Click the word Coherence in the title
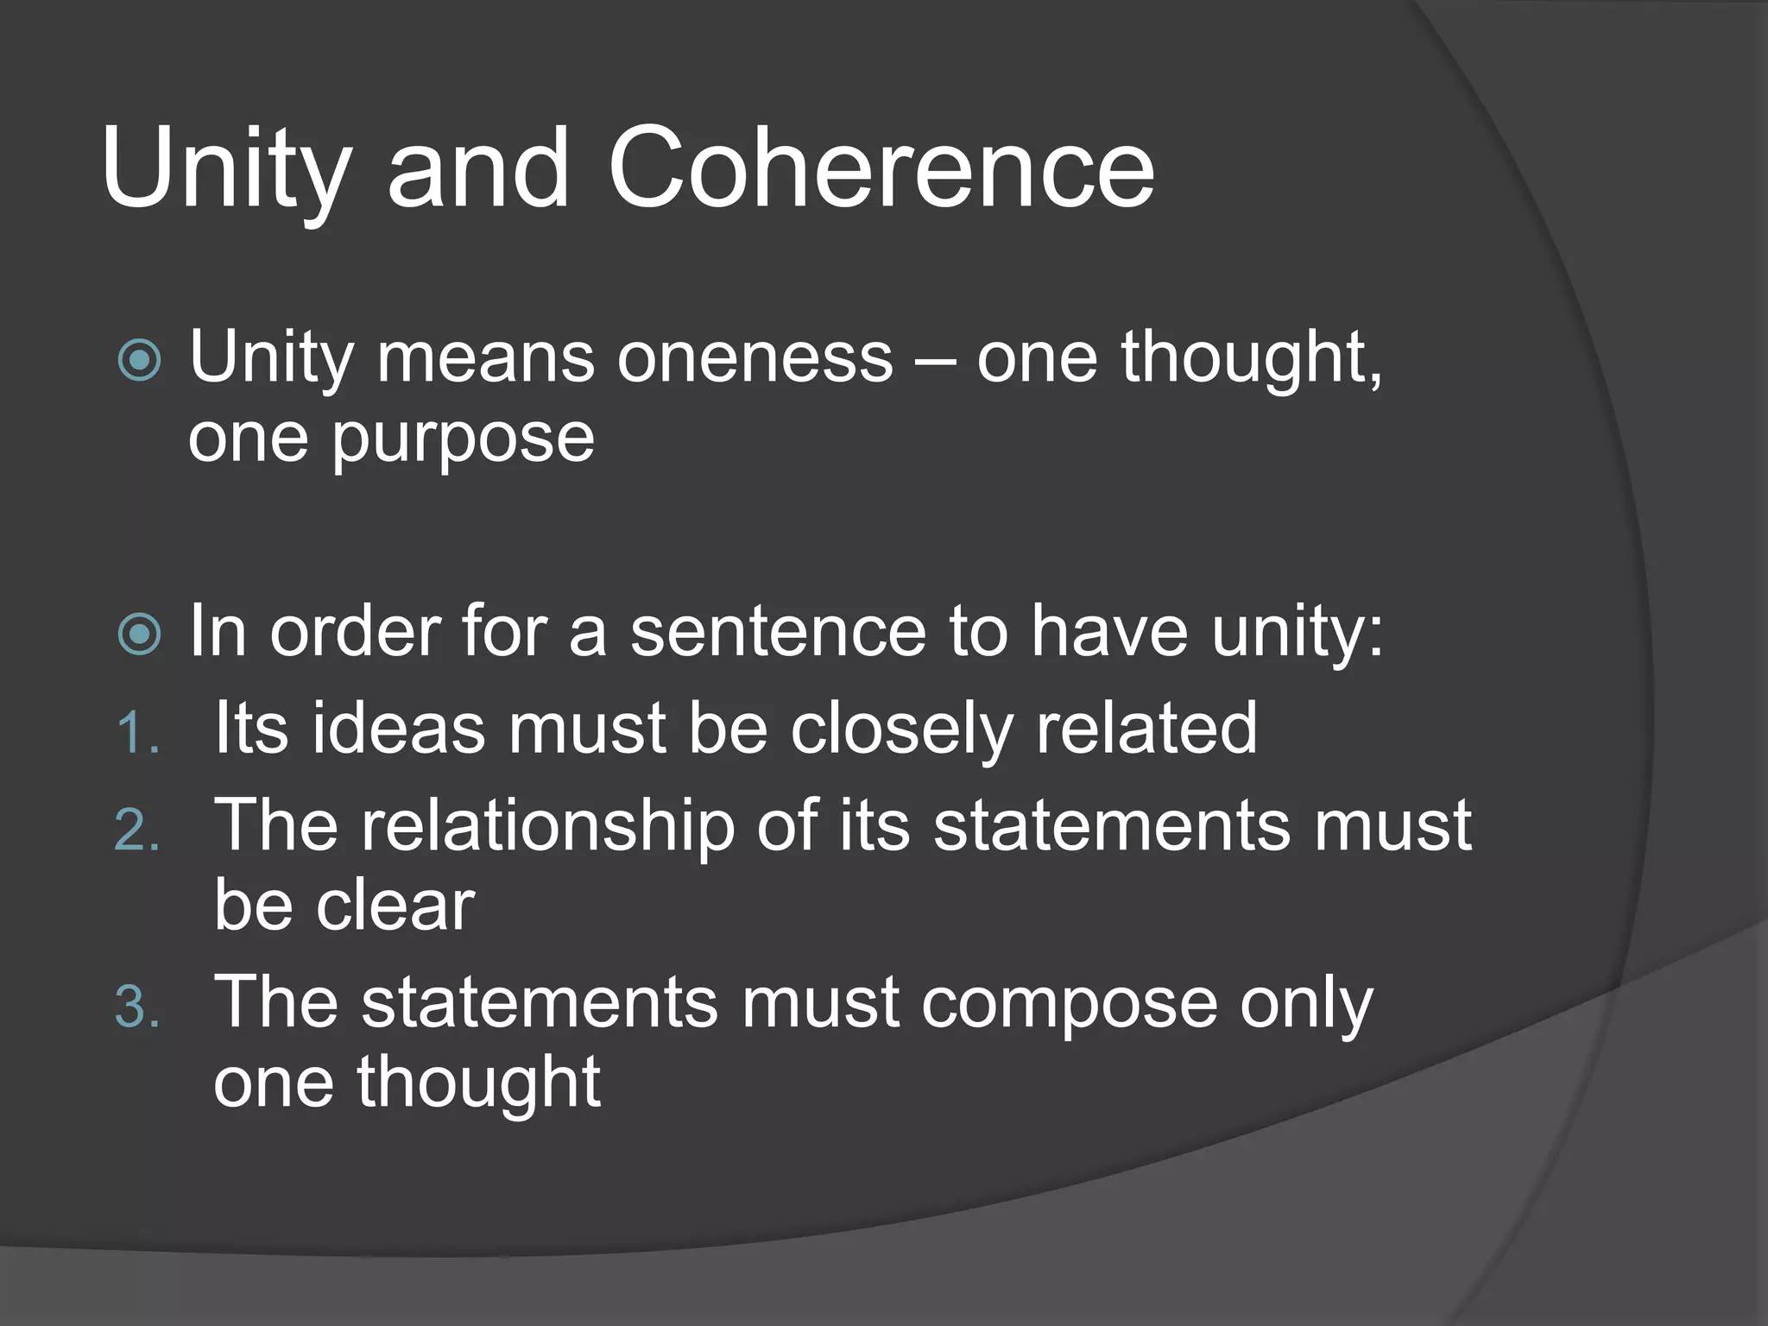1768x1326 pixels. [881, 167]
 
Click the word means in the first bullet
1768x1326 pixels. [485, 359]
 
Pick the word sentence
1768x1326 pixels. [778, 632]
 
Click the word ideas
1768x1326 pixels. [398, 729]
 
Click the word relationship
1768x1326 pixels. [548, 827]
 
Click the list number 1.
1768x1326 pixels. [137, 734]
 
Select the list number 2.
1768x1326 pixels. [137, 831]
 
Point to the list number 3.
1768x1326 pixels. [137, 1007]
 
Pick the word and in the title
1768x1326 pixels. [477, 167]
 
